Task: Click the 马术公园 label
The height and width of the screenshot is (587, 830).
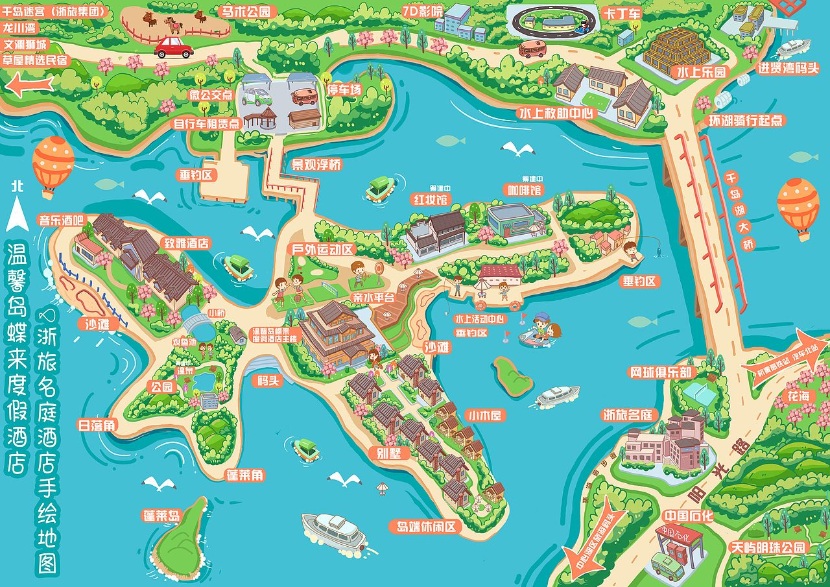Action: [249, 11]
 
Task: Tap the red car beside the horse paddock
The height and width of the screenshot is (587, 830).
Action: [173, 47]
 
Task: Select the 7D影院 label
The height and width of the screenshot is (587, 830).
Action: [423, 11]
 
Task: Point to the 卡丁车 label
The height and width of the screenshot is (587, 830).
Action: [622, 13]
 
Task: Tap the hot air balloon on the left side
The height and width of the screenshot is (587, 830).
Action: [53, 164]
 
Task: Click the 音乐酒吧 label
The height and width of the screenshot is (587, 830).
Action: [61, 219]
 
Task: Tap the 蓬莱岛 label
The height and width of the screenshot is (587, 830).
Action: [161, 516]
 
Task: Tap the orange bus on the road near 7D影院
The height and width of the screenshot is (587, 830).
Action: [532, 49]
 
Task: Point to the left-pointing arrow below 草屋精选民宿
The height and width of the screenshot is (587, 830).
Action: [29, 84]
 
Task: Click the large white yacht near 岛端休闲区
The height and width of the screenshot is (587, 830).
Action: [334, 531]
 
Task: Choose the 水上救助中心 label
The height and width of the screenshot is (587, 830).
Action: [556, 113]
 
